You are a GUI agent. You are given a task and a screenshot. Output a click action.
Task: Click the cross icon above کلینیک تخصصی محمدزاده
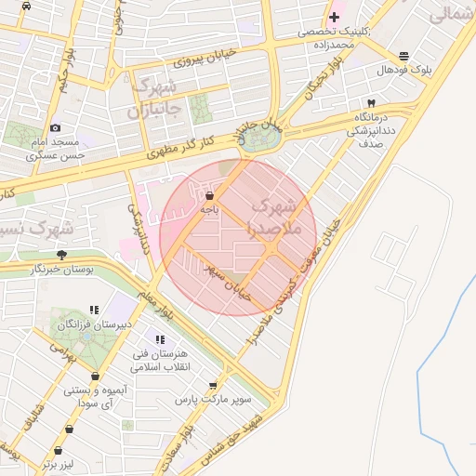click(334, 17)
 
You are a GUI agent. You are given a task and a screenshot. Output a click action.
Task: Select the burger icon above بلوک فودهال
click(403, 56)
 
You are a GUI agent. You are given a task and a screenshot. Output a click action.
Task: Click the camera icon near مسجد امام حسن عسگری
click(56, 127)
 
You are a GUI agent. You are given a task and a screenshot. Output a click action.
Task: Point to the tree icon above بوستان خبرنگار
click(62, 254)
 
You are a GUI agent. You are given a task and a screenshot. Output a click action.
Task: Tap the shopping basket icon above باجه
click(209, 196)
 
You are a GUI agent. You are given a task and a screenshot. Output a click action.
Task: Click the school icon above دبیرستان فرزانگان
click(93, 310)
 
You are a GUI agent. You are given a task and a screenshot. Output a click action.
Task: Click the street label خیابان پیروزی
click(205, 59)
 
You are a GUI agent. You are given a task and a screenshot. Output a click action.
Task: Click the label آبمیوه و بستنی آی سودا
click(94, 397)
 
